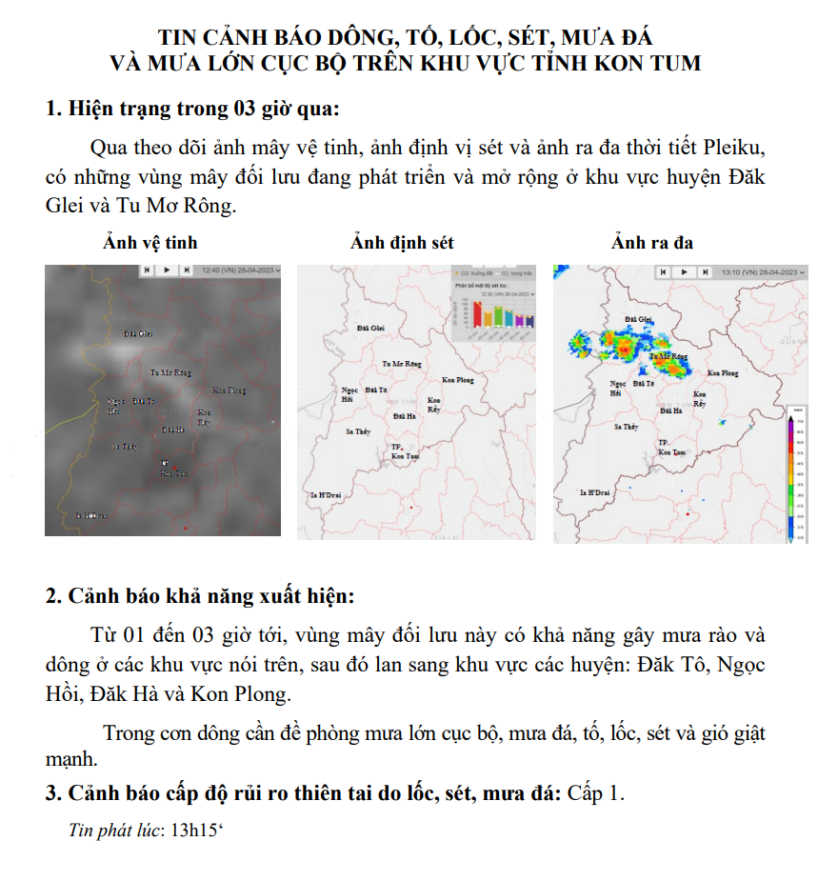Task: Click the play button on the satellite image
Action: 167,270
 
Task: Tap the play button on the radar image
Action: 683,272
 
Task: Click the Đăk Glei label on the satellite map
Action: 138,334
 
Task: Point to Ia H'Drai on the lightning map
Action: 327,496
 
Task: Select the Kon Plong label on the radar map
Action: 723,373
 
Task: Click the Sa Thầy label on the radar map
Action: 626,427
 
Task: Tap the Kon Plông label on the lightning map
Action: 458,380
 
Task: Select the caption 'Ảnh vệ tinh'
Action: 150,243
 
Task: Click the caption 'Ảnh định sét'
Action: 402,243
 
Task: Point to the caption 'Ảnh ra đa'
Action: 652,243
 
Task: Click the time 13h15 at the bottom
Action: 194,830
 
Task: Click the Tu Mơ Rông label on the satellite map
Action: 171,371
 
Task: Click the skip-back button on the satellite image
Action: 147,270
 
